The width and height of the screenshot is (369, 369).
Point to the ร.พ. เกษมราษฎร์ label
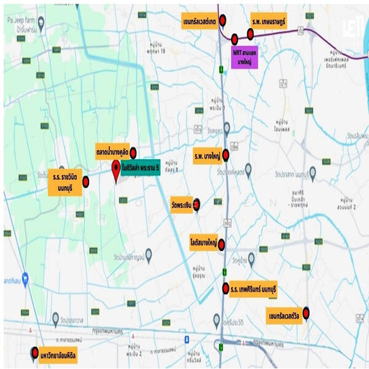click(x=268, y=22)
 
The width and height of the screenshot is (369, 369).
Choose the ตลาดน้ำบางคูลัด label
click(x=111, y=151)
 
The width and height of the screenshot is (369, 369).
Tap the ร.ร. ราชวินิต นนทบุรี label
click(x=64, y=182)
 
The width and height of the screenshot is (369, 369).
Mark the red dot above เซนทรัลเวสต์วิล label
click(x=306, y=312)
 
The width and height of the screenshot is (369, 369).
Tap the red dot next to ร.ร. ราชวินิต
click(x=85, y=181)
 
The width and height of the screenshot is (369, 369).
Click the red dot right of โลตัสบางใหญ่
click(x=221, y=244)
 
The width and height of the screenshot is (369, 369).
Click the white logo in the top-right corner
click(x=352, y=29)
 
